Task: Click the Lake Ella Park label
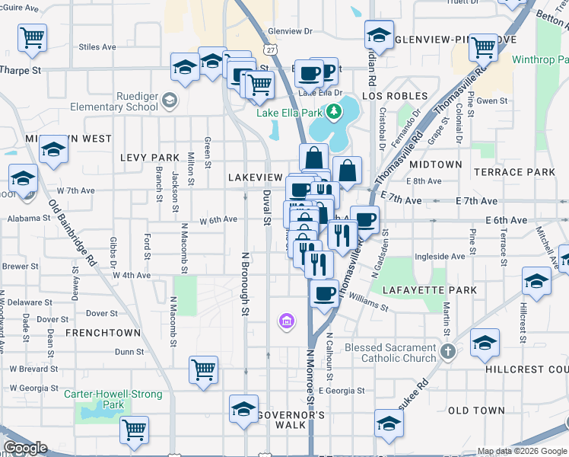[291, 113]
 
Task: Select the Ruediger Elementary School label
[114, 102]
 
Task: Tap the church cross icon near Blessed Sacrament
[448, 353]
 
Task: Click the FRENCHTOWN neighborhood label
[103, 333]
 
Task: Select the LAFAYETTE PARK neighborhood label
[430, 290]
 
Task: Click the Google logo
[25, 448]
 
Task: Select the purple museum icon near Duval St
[287, 321]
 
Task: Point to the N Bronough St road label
[244, 283]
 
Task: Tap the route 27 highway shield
[272, 48]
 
